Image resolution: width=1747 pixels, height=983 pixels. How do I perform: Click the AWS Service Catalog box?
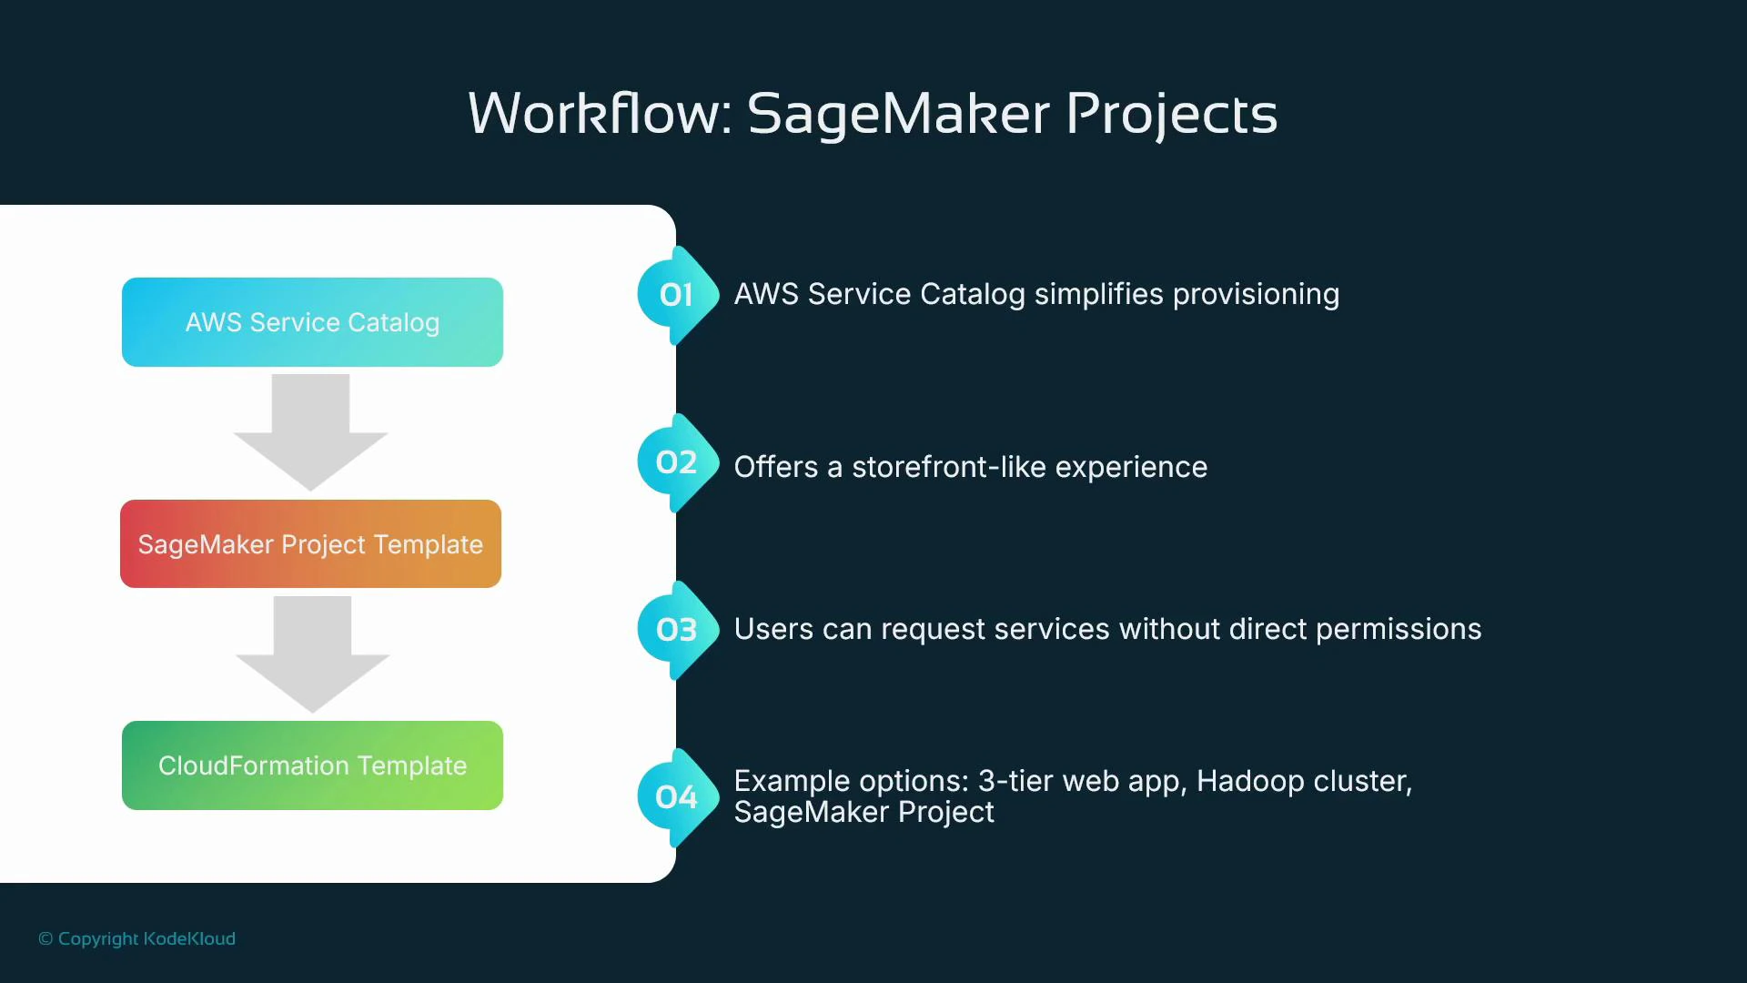312,322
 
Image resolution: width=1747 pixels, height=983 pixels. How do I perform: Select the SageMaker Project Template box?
310,544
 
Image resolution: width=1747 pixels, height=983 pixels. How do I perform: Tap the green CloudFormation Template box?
312,765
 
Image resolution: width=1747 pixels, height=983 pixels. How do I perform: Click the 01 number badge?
676,295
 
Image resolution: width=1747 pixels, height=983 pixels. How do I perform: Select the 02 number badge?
676,462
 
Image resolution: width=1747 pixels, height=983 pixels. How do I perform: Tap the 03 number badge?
676,630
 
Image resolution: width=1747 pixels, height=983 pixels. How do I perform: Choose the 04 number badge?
676,797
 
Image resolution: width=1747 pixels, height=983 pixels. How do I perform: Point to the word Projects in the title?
1171,114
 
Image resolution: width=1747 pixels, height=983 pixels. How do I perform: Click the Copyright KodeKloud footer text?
137,938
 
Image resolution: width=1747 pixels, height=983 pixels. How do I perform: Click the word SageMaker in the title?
898,114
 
